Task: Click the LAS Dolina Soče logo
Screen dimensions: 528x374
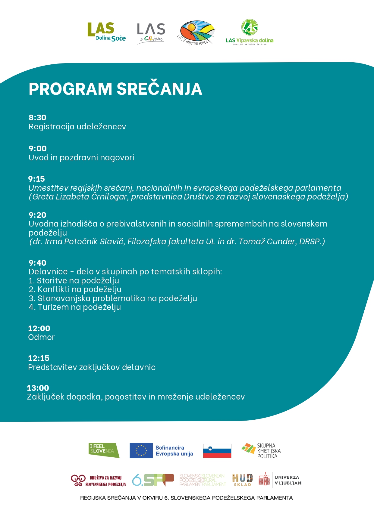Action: (x=106, y=32)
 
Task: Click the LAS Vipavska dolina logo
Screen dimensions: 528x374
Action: (x=250, y=32)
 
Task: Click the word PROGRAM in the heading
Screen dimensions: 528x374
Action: (x=70, y=89)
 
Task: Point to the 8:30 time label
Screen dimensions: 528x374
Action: (x=37, y=118)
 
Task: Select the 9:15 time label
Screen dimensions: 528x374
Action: (x=36, y=179)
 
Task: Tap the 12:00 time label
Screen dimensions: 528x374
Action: (x=39, y=329)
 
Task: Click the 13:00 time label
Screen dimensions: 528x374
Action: (x=38, y=388)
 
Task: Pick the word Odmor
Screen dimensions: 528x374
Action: (x=41, y=337)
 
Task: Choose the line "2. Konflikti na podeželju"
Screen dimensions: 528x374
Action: (x=75, y=289)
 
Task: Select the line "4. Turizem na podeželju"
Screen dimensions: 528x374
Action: (x=75, y=307)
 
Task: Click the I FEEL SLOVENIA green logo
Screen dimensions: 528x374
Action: (x=104, y=450)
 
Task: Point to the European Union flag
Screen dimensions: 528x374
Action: (x=141, y=451)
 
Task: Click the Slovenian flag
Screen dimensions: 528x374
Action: (x=217, y=451)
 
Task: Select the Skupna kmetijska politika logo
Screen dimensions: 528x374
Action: (x=261, y=451)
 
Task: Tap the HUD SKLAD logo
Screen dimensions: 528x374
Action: (x=242, y=480)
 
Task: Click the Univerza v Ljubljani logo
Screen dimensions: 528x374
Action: (x=281, y=480)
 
